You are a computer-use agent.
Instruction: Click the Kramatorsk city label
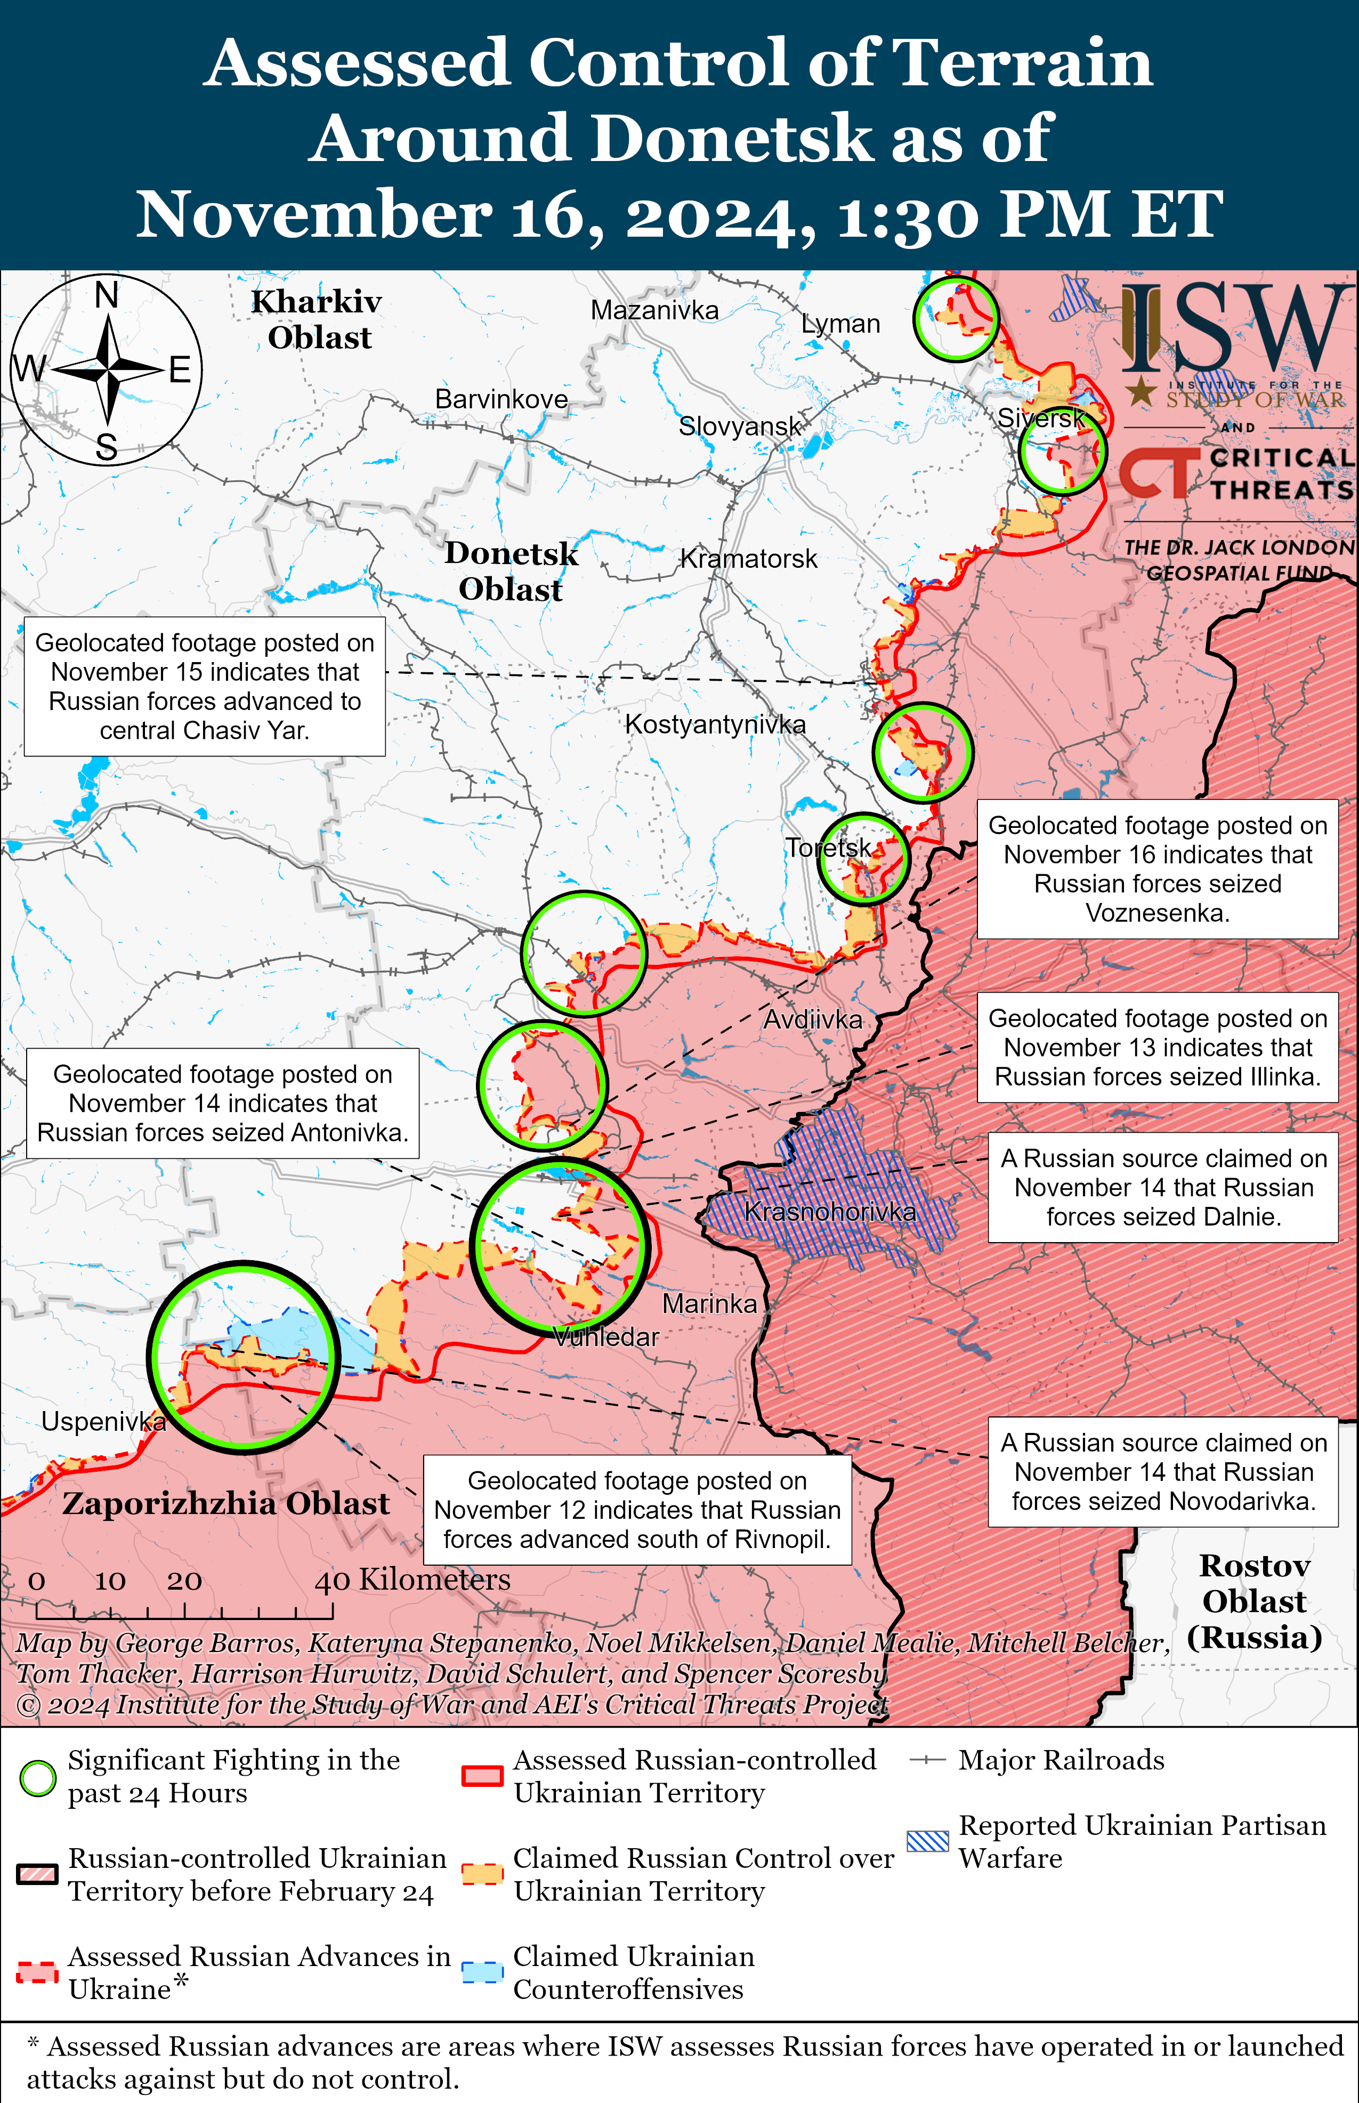(x=748, y=559)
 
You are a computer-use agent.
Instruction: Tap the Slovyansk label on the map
(x=740, y=426)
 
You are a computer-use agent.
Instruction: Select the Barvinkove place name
(x=501, y=399)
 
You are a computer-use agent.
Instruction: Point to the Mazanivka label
(x=654, y=311)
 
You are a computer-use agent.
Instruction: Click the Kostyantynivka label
(x=715, y=724)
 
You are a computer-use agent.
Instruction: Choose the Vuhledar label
(x=606, y=1337)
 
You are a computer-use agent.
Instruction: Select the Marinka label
(x=709, y=1303)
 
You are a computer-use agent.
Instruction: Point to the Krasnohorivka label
(x=829, y=1212)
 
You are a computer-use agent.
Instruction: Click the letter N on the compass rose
(x=107, y=295)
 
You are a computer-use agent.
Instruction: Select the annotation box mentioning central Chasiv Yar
(x=205, y=687)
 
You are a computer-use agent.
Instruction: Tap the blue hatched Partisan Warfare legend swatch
(x=927, y=1841)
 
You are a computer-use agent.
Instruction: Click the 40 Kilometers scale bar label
(x=412, y=1579)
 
